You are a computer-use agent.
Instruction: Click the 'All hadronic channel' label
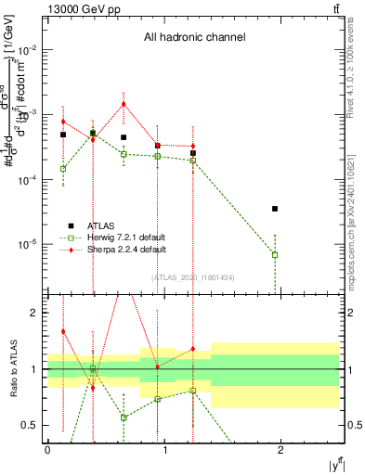[x=194, y=38]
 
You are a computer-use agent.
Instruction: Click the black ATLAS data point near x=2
[x=275, y=209]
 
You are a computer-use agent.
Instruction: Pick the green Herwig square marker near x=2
[x=275, y=254]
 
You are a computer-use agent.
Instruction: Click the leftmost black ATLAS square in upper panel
[x=63, y=135]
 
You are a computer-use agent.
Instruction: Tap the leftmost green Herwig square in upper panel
[x=63, y=169]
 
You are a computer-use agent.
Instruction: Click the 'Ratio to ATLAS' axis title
[x=11, y=369]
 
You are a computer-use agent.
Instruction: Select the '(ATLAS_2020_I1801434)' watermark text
[x=193, y=277]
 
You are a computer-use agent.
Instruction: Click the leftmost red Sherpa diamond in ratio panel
[x=63, y=331]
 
